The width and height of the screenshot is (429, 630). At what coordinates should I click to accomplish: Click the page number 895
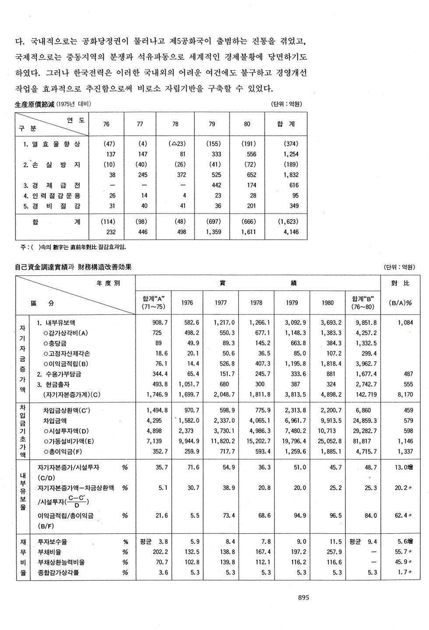303,597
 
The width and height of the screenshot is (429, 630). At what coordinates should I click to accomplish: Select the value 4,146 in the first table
291,232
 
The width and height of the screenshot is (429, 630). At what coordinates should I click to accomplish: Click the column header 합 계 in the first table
286,124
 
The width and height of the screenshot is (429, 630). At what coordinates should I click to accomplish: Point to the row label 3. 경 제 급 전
52,185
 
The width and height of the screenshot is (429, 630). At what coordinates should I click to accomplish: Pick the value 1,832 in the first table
291,175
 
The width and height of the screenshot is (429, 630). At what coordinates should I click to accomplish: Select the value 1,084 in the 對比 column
405,323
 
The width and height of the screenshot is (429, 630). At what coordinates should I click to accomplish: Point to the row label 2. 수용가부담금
59,374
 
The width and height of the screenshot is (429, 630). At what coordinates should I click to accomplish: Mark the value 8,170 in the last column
405,394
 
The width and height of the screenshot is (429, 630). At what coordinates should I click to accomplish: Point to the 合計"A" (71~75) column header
153,303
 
